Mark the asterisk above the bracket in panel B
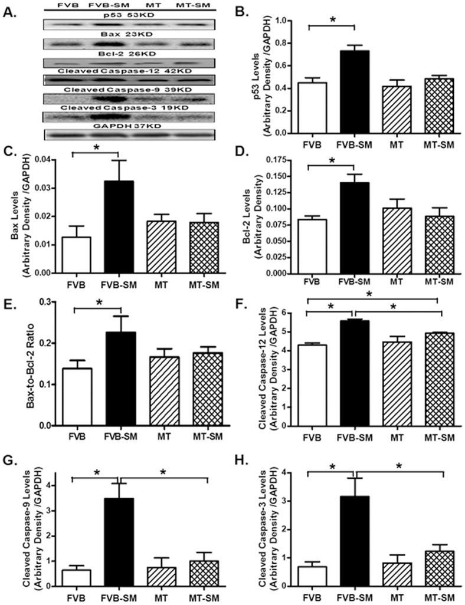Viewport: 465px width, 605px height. [332, 19]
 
